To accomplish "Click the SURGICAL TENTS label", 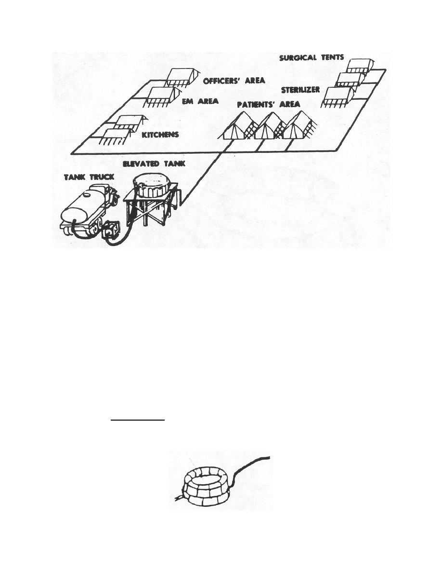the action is (x=312, y=57).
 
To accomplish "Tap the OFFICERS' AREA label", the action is (x=234, y=81).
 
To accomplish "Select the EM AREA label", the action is (x=200, y=101).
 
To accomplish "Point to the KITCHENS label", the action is (x=160, y=135).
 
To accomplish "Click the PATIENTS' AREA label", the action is (x=269, y=105).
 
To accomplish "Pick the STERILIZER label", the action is (x=300, y=90).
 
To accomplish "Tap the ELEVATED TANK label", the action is (x=154, y=164).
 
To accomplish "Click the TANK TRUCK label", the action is (x=89, y=177).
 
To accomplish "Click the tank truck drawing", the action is (x=90, y=211).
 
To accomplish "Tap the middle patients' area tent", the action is (x=270, y=126).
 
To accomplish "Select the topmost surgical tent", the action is (x=360, y=66).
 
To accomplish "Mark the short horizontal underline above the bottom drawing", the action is (x=138, y=420).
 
